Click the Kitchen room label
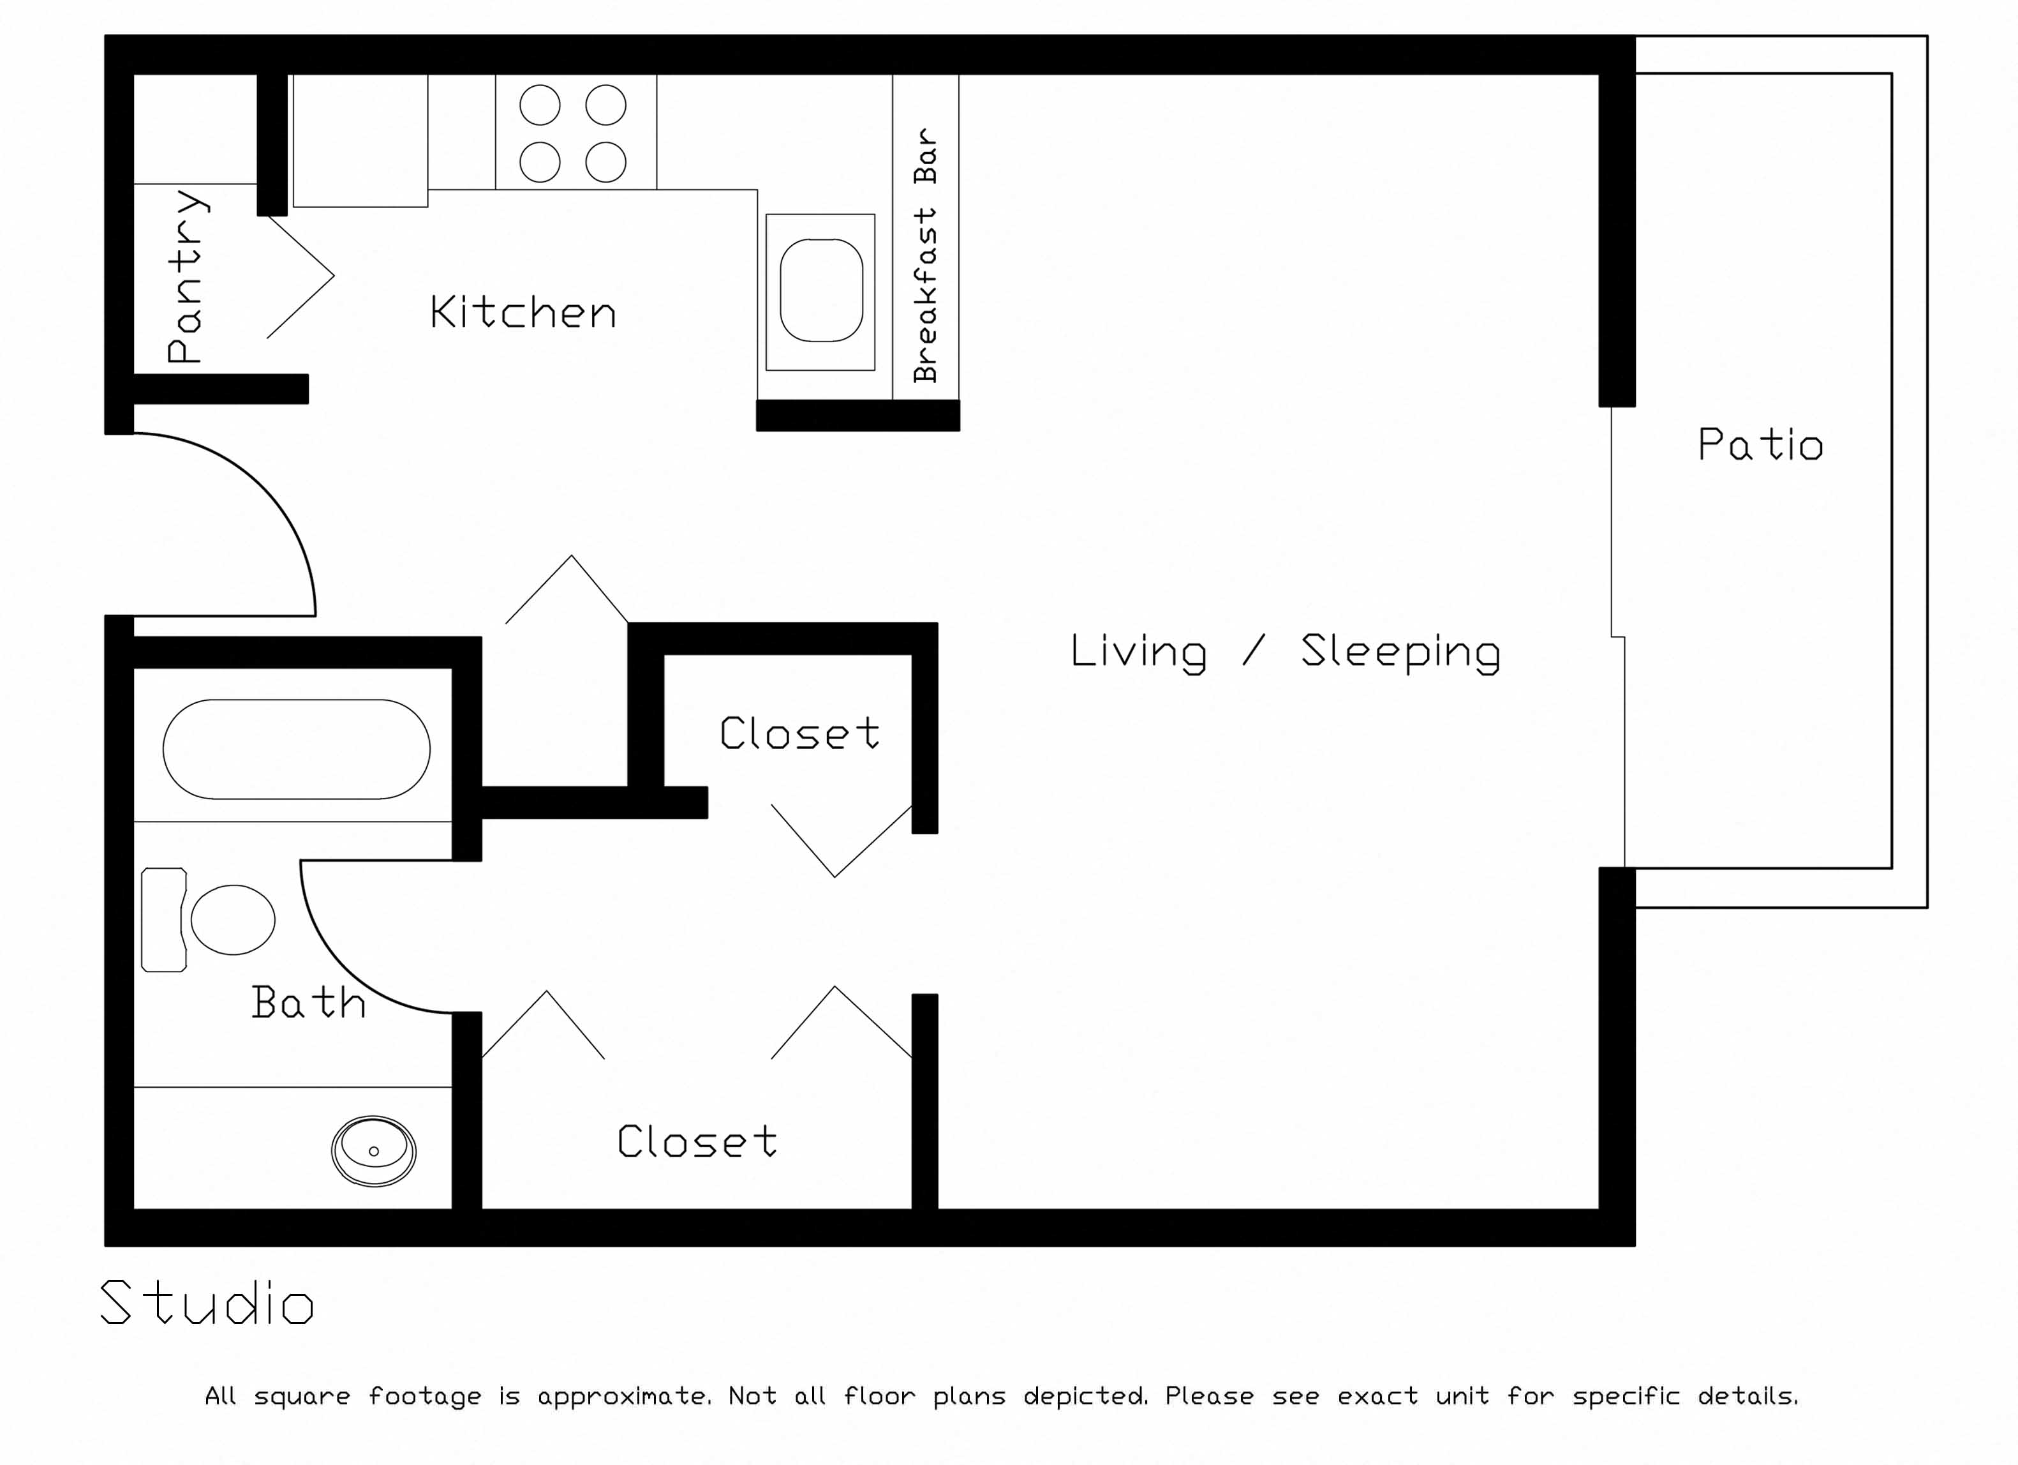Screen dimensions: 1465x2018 click(523, 312)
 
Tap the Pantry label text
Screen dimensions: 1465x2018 click(186, 276)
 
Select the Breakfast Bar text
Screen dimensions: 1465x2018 click(925, 255)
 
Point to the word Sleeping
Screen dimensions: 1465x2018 click(1400, 652)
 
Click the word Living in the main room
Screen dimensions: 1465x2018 click(1138, 652)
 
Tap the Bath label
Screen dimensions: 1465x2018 click(308, 1002)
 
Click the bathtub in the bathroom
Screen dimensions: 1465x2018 click(296, 749)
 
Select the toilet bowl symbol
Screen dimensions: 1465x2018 click(233, 919)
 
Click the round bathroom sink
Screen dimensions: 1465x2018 click(374, 1151)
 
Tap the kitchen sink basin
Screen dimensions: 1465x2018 click(820, 290)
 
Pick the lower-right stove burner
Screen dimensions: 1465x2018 click(606, 162)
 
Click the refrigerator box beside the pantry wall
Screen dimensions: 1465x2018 click(360, 140)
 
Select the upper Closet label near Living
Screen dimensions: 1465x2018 click(799, 733)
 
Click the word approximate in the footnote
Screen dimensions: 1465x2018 click(623, 1395)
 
